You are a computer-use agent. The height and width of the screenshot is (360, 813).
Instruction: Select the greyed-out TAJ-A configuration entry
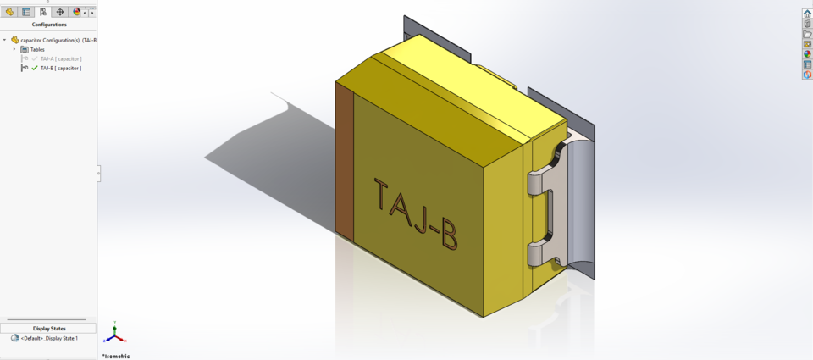pos(60,58)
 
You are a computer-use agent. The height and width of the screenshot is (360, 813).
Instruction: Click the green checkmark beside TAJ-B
pos(35,68)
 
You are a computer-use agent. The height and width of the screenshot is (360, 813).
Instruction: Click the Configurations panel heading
pos(49,25)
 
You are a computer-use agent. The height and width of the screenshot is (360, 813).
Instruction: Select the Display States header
pos(49,328)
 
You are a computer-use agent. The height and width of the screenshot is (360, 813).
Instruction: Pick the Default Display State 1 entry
pos(49,338)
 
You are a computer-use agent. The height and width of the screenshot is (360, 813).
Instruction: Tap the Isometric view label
pos(117,356)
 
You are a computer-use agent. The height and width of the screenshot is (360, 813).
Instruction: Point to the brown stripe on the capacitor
pos(344,161)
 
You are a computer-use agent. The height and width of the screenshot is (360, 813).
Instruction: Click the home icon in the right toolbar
pos(807,14)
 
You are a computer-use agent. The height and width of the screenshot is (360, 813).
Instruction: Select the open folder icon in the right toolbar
pos(807,34)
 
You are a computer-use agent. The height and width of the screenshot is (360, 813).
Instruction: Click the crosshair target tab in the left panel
pos(60,12)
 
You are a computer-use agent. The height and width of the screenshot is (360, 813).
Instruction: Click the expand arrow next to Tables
pos(14,49)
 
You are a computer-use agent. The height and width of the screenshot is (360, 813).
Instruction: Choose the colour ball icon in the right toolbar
pos(807,54)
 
